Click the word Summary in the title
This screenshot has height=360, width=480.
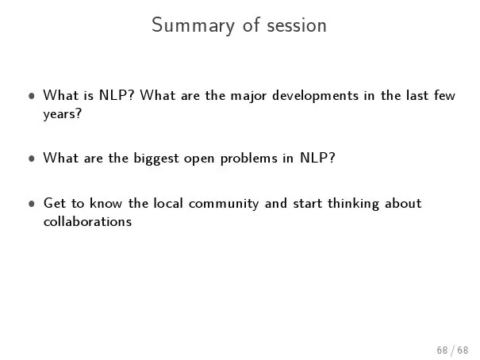click(193, 25)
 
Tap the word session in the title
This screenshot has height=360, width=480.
click(297, 25)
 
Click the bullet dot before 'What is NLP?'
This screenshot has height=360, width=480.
click(31, 96)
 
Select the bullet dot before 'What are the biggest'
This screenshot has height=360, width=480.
click(31, 159)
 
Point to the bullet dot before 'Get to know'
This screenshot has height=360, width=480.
click(31, 204)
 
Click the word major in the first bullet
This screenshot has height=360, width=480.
click(248, 96)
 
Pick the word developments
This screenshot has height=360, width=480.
click(315, 96)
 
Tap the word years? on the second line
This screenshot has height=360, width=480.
click(63, 114)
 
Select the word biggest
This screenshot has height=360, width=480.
click(156, 159)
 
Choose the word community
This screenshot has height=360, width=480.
click(224, 204)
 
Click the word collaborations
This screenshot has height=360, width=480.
click(87, 220)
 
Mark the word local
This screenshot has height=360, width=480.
click(168, 203)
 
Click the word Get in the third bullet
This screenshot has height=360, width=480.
click(55, 203)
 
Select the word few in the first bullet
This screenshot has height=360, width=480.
click(445, 95)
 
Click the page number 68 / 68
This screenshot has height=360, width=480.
click(452, 350)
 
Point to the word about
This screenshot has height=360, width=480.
click(403, 203)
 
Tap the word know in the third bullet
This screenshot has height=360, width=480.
click(106, 203)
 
